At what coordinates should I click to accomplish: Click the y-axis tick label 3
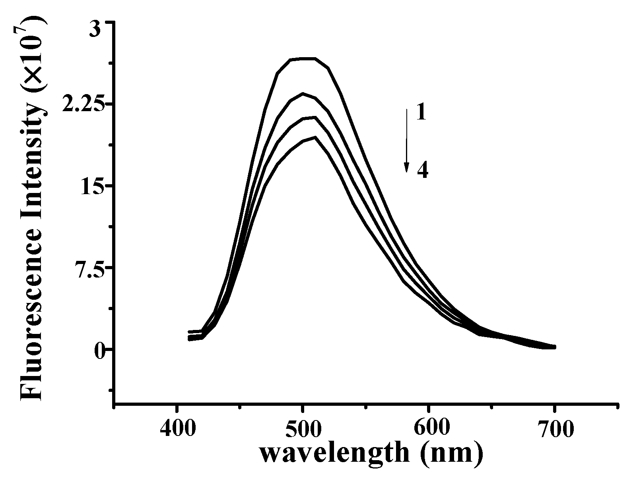click(96, 31)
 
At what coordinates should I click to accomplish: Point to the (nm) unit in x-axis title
click(450, 454)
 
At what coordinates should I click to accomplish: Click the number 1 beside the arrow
click(421, 113)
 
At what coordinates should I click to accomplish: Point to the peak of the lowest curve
click(315, 137)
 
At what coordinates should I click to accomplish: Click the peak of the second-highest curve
click(303, 94)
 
